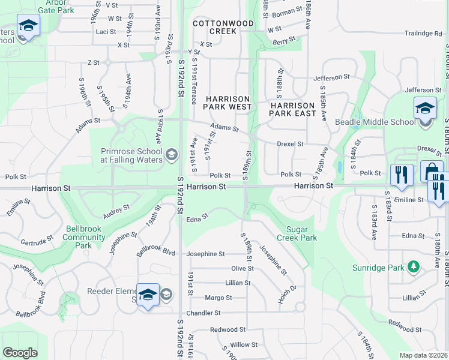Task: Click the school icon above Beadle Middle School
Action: pyautogui.click(x=425, y=109)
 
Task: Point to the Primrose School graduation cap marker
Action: pyautogui.click(x=171, y=155)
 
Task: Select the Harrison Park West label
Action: pyautogui.click(x=228, y=103)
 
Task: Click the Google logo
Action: pyautogui.click(x=20, y=353)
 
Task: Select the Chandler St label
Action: pyautogui.click(x=204, y=313)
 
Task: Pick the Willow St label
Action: pyautogui.click(x=244, y=344)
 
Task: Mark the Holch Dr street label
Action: pyautogui.click(x=287, y=293)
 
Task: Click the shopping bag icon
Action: pyautogui.click(x=432, y=172)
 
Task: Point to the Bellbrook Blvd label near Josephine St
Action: pyautogui.click(x=156, y=250)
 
